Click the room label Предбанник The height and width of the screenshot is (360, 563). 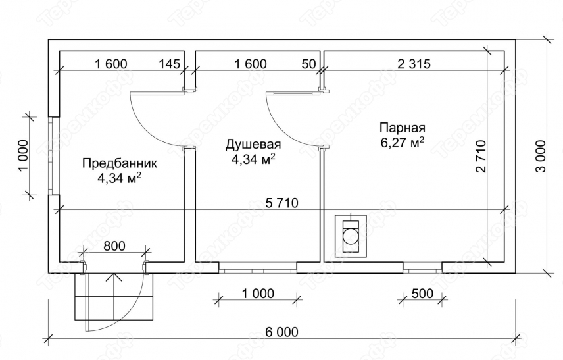[120, 163]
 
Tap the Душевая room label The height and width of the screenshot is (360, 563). [253, 145]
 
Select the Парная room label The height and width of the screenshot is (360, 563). [402, 128]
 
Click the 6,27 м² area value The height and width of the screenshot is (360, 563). [402, 142]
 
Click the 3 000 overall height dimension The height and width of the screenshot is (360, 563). [541, 156]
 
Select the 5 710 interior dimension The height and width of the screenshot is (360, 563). [282, 203]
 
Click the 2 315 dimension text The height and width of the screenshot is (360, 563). [414, 64]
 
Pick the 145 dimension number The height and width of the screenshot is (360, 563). [169, 64]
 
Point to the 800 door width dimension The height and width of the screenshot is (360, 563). [114, 246]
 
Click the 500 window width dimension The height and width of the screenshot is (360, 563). [422, 294]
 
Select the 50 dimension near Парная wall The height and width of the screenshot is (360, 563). [308, 64]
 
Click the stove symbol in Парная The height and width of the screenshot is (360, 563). [351, 236]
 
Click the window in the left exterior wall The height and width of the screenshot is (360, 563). [54, 156]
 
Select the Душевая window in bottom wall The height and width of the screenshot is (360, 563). [258, 268]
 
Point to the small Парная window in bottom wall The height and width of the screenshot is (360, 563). [422, 268]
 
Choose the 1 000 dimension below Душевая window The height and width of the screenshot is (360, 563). [258, 294]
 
